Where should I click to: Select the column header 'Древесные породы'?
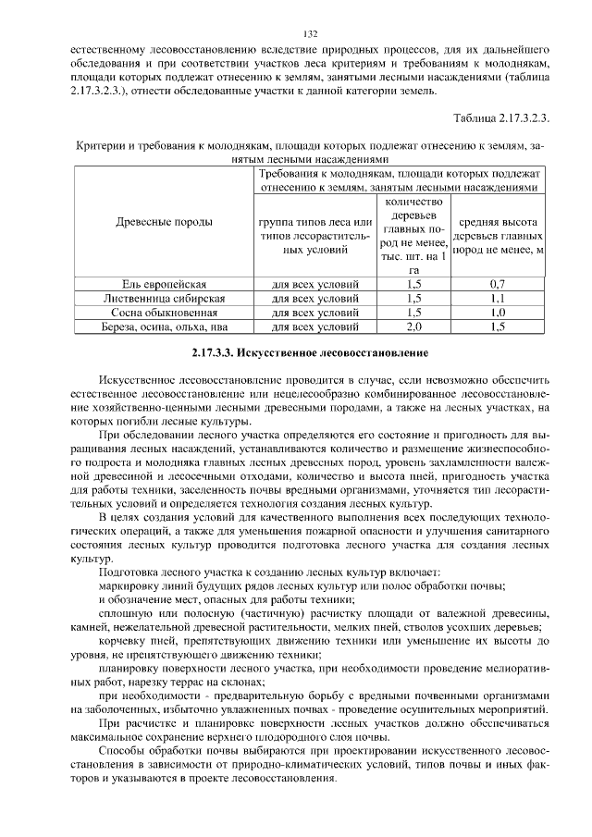164,222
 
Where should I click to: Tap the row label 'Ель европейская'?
164,283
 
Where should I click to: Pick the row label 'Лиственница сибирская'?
164,298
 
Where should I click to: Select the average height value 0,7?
498,283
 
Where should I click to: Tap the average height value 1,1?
498,298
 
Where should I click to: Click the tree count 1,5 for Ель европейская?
413,283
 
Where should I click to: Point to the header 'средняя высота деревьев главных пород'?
498,235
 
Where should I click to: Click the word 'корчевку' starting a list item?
125,639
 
